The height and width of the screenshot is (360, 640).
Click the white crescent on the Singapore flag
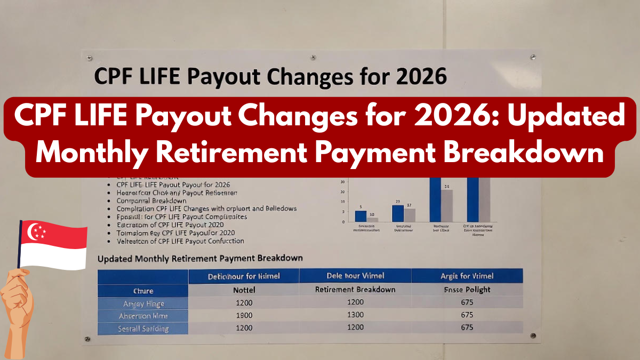(34, 231)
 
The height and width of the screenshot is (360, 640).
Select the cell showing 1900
(244, 315)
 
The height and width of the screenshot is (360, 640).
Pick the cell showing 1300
(355, 315)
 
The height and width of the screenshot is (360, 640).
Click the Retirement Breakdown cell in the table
(355, 290)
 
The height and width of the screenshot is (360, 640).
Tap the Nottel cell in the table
(244, 290)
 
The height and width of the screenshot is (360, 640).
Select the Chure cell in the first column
(143, 291)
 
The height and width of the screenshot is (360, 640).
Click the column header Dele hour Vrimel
(355, 276)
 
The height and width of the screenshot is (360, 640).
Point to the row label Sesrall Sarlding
(143, 329)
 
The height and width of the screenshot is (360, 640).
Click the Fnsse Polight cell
(467, 290)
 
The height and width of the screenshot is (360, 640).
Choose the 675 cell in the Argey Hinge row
(467, 302)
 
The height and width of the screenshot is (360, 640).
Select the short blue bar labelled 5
(361, 215)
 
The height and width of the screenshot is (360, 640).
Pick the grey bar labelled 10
(372, 219)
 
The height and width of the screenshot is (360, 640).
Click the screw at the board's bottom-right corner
(533, 335)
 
